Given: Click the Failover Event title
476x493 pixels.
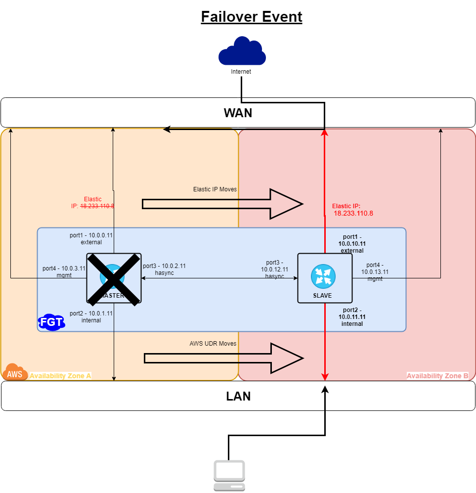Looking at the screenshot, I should (x=251, y=17).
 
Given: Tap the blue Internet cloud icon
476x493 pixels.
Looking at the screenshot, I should (x=242, y=51).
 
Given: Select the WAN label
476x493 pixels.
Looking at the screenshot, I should (x=238, y=113).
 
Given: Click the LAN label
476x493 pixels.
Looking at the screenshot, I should (x=238, y=396).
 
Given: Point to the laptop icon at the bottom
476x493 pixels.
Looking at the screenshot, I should (x=229, y=476).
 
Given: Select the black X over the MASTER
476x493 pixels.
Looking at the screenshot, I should (x=114, y=278).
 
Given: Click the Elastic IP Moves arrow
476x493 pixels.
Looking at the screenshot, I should (x=222, y=204).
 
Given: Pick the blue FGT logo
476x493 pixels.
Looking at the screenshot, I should (x=51, y=322).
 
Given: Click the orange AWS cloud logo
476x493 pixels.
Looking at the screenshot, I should (x=14, y=373).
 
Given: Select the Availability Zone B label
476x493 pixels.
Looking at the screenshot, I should (x=437, y=376).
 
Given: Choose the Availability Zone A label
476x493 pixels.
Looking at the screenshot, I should (x=60, y=376).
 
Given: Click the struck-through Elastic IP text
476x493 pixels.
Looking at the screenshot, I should (x=93, y=203).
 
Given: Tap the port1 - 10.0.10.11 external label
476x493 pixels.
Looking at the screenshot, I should (x=352, y=244).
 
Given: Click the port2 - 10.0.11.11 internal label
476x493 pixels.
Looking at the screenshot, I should (x=352, y=317).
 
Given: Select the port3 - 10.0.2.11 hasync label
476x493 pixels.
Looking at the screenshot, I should (x=164, y=269).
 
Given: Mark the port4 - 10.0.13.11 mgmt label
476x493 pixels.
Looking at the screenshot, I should (x=375, y=271).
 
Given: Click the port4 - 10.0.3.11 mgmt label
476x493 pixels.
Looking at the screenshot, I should (x=64, y=271).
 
